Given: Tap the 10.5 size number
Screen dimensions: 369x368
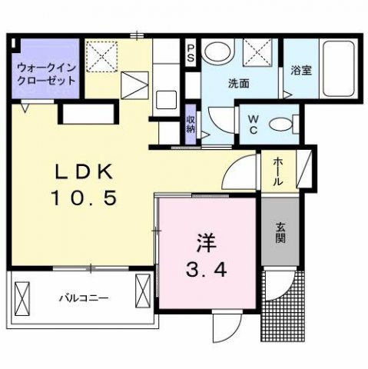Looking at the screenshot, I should pyautogui.click(x=84, y=198).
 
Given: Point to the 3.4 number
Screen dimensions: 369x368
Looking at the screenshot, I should pyautogui.click(x=206, y=270).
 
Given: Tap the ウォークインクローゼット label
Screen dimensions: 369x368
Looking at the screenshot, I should pyautogui.click(x=45, y=76).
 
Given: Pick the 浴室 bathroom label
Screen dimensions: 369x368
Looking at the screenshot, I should pyautogui.click(x=300, y=69).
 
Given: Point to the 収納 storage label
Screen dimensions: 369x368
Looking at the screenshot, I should pyautogui.click(x=191, y=123).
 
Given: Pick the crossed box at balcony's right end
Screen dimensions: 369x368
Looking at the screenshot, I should pyautogui.click(x=144, y=291).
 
